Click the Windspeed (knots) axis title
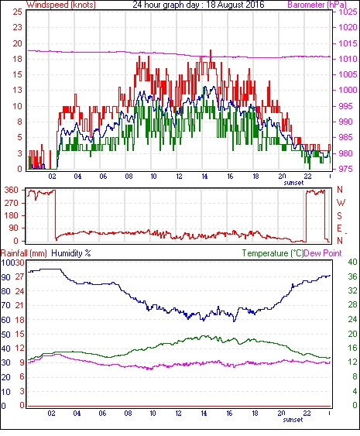(61, 5)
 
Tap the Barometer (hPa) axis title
(317, 5)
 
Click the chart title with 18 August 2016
(198, 5)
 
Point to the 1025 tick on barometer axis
(348, 12)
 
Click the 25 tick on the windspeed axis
(17, 12)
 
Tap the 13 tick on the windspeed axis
(17, 90)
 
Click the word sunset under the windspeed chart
(293, 183)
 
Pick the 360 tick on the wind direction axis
(12, 190)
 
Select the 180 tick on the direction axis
(12, 215)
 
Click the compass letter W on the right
(341, 203)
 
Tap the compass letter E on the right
(339, 228)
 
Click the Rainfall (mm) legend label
(24, 253)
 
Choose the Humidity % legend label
(71, 253)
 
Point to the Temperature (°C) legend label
(273, 253)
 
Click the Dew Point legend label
(323, 253)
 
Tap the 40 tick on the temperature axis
(352, 262)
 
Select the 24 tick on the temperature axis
(352, 319)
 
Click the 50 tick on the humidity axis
(5, 335)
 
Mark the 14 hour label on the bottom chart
(204, 414)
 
